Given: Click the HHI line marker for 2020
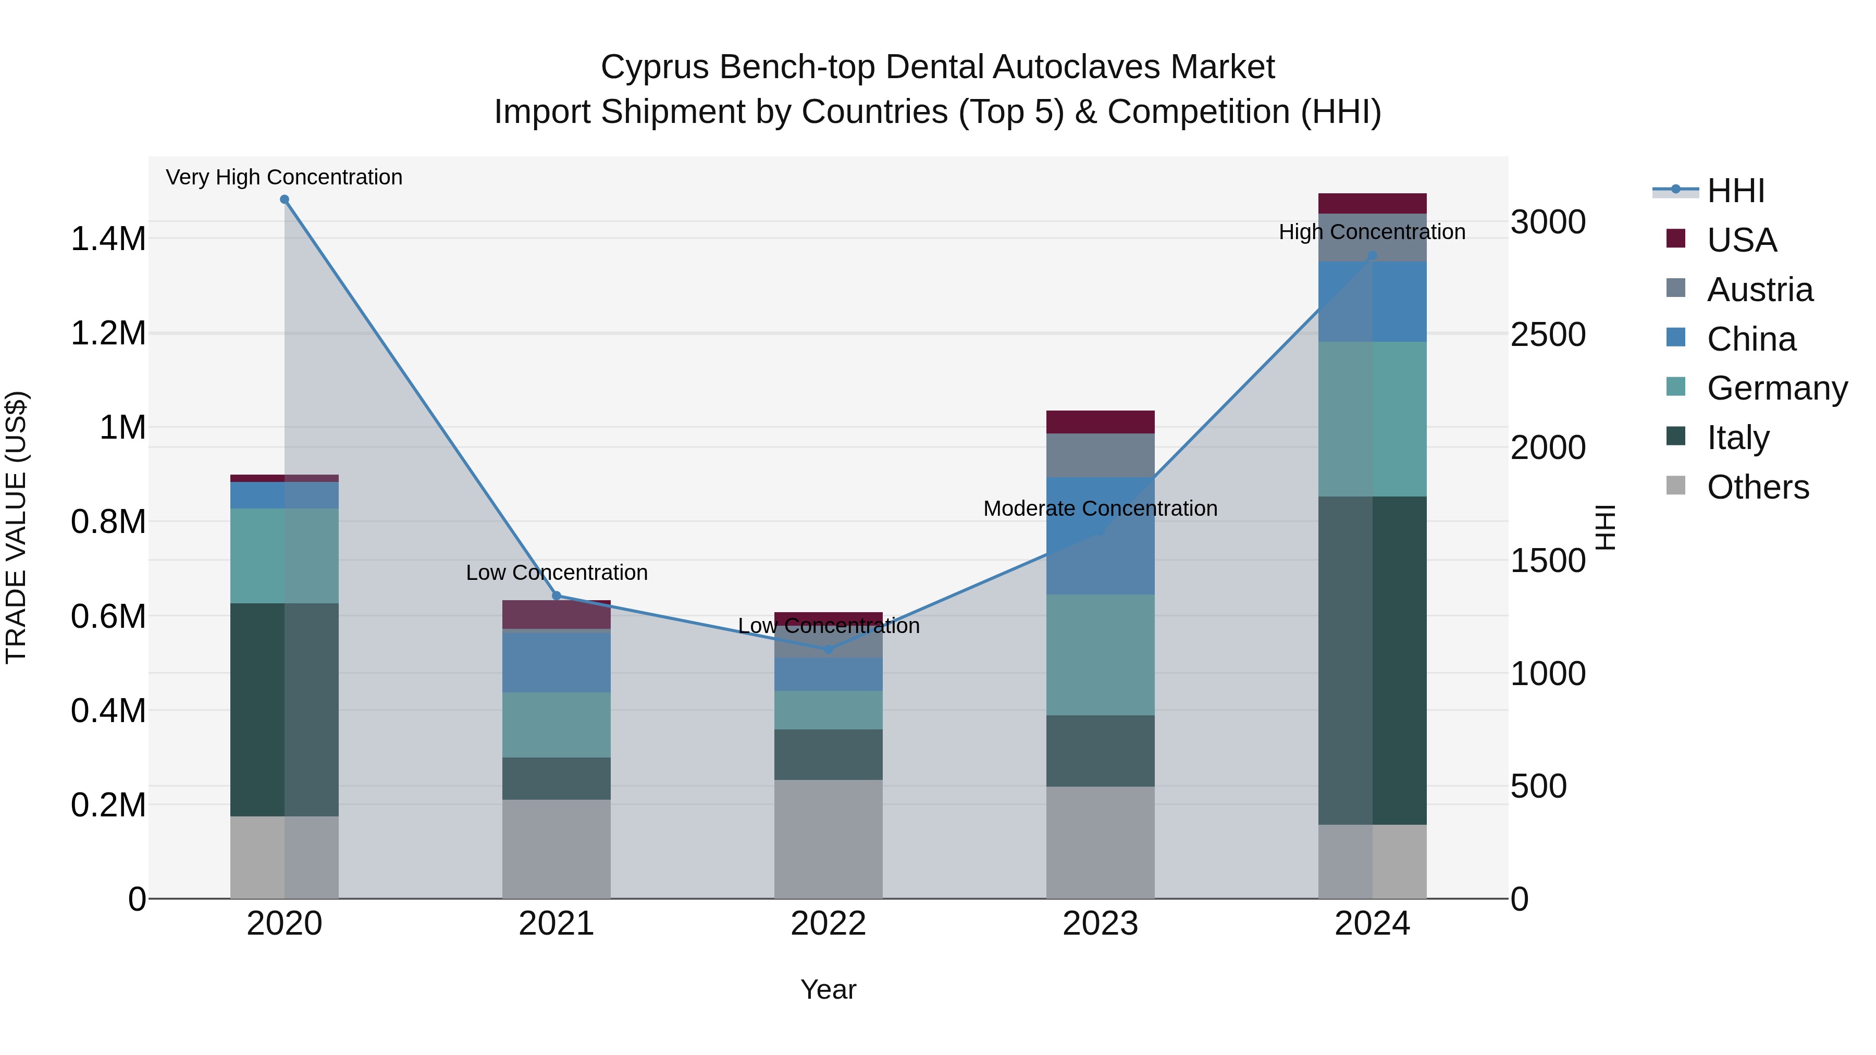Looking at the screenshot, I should pyautogui.click(x=284, y=200).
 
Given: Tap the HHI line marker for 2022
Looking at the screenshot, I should pyautogui.click(x=828, y=649).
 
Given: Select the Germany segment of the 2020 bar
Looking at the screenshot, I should pyautogui.click(x=284, y=555).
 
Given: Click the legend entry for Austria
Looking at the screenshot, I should pyautogui.click(x=1759, y=290).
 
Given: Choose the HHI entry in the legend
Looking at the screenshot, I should pyautogui.click(x=1735, y=191).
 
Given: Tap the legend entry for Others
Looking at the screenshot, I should pyautogui.click(x=1757, y=487).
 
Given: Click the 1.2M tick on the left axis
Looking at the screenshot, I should pyautogui.click(x=108, y=333).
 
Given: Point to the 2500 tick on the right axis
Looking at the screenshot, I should pyautogui.click(x=1548, y=335).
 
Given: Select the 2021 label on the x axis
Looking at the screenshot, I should pyautogui.click(x=557, y=924).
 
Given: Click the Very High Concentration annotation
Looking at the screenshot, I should pyautogui.click(x=284, y=177).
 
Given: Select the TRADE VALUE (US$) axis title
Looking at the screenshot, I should pyautogui.click(x=16, y=527).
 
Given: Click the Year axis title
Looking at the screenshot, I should pyautogui.click(x=828, y=989).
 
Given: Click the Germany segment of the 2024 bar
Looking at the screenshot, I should pyautogui.click(x=1372, y=419).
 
